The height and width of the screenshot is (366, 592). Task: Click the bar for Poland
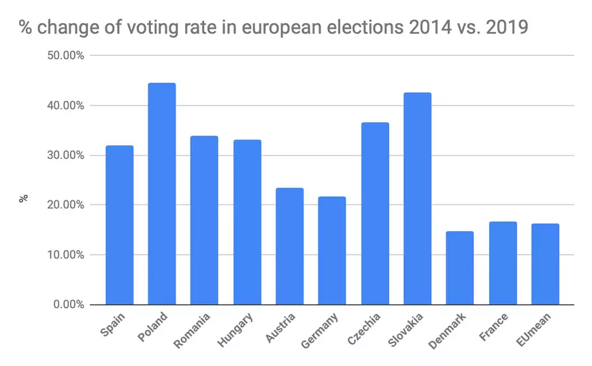coord(162,194)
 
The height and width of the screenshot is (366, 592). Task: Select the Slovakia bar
coord(417,198)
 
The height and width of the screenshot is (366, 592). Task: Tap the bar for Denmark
coord(460,268)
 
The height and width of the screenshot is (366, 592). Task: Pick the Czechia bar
coord(375,213)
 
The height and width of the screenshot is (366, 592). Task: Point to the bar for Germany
coord(332,250)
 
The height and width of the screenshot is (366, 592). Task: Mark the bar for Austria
coord(290,246)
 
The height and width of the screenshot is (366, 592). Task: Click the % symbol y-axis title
coord(22,198)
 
